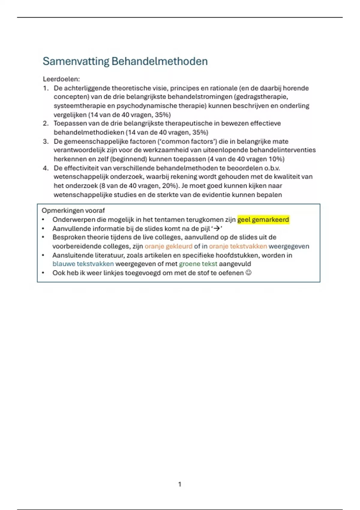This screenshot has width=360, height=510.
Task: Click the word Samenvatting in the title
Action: point(76,61)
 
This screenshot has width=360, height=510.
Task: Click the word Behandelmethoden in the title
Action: point(160,61)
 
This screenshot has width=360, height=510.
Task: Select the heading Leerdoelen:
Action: point(61,79)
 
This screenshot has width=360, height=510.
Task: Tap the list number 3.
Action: point(46,141)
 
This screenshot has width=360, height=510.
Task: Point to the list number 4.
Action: point(46,168)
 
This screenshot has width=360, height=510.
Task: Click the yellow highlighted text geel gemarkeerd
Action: point(263,220)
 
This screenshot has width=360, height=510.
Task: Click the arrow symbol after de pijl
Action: point(216,229)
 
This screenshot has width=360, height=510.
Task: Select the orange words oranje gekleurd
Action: point(168,246)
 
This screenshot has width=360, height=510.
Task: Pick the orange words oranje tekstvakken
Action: point(238,246)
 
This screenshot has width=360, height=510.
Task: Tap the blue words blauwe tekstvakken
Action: point(83,264)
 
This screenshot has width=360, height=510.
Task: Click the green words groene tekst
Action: point(198,264)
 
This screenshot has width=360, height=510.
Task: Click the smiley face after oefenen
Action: point(248,273)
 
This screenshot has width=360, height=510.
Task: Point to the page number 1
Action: point(180,484)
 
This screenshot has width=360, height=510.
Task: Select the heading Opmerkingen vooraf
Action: point(73,211)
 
